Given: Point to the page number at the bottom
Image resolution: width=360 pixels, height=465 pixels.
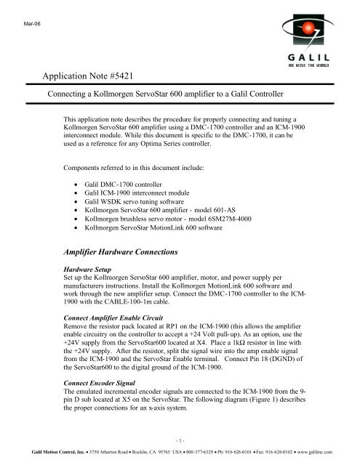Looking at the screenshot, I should [x=180, y=440].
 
